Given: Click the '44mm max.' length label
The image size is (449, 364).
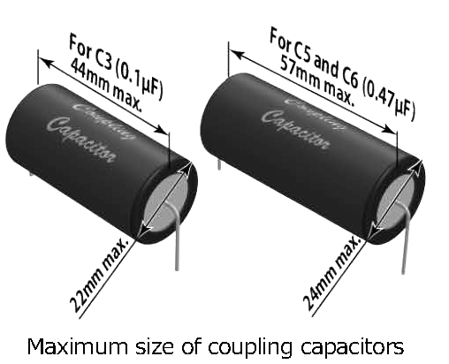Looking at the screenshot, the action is point(106,86).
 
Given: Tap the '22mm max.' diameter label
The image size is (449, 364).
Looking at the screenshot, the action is point(99,275).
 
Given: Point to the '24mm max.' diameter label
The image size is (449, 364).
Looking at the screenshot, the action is point(331,273).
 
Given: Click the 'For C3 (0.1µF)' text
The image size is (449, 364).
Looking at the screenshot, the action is point(116,67).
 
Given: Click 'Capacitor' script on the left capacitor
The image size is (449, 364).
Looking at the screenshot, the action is point(82,140).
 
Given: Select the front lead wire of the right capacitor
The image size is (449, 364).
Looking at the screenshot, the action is point(404,236).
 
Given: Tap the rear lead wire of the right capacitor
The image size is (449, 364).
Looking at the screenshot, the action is point(219,163).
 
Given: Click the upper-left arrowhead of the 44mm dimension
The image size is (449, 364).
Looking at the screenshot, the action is point(45,62).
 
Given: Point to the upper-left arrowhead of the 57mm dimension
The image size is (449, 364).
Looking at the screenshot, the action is point(236,55).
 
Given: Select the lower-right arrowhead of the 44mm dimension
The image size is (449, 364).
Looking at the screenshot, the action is point(162,130).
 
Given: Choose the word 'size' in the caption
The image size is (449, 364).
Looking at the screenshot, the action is point(154,346).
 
